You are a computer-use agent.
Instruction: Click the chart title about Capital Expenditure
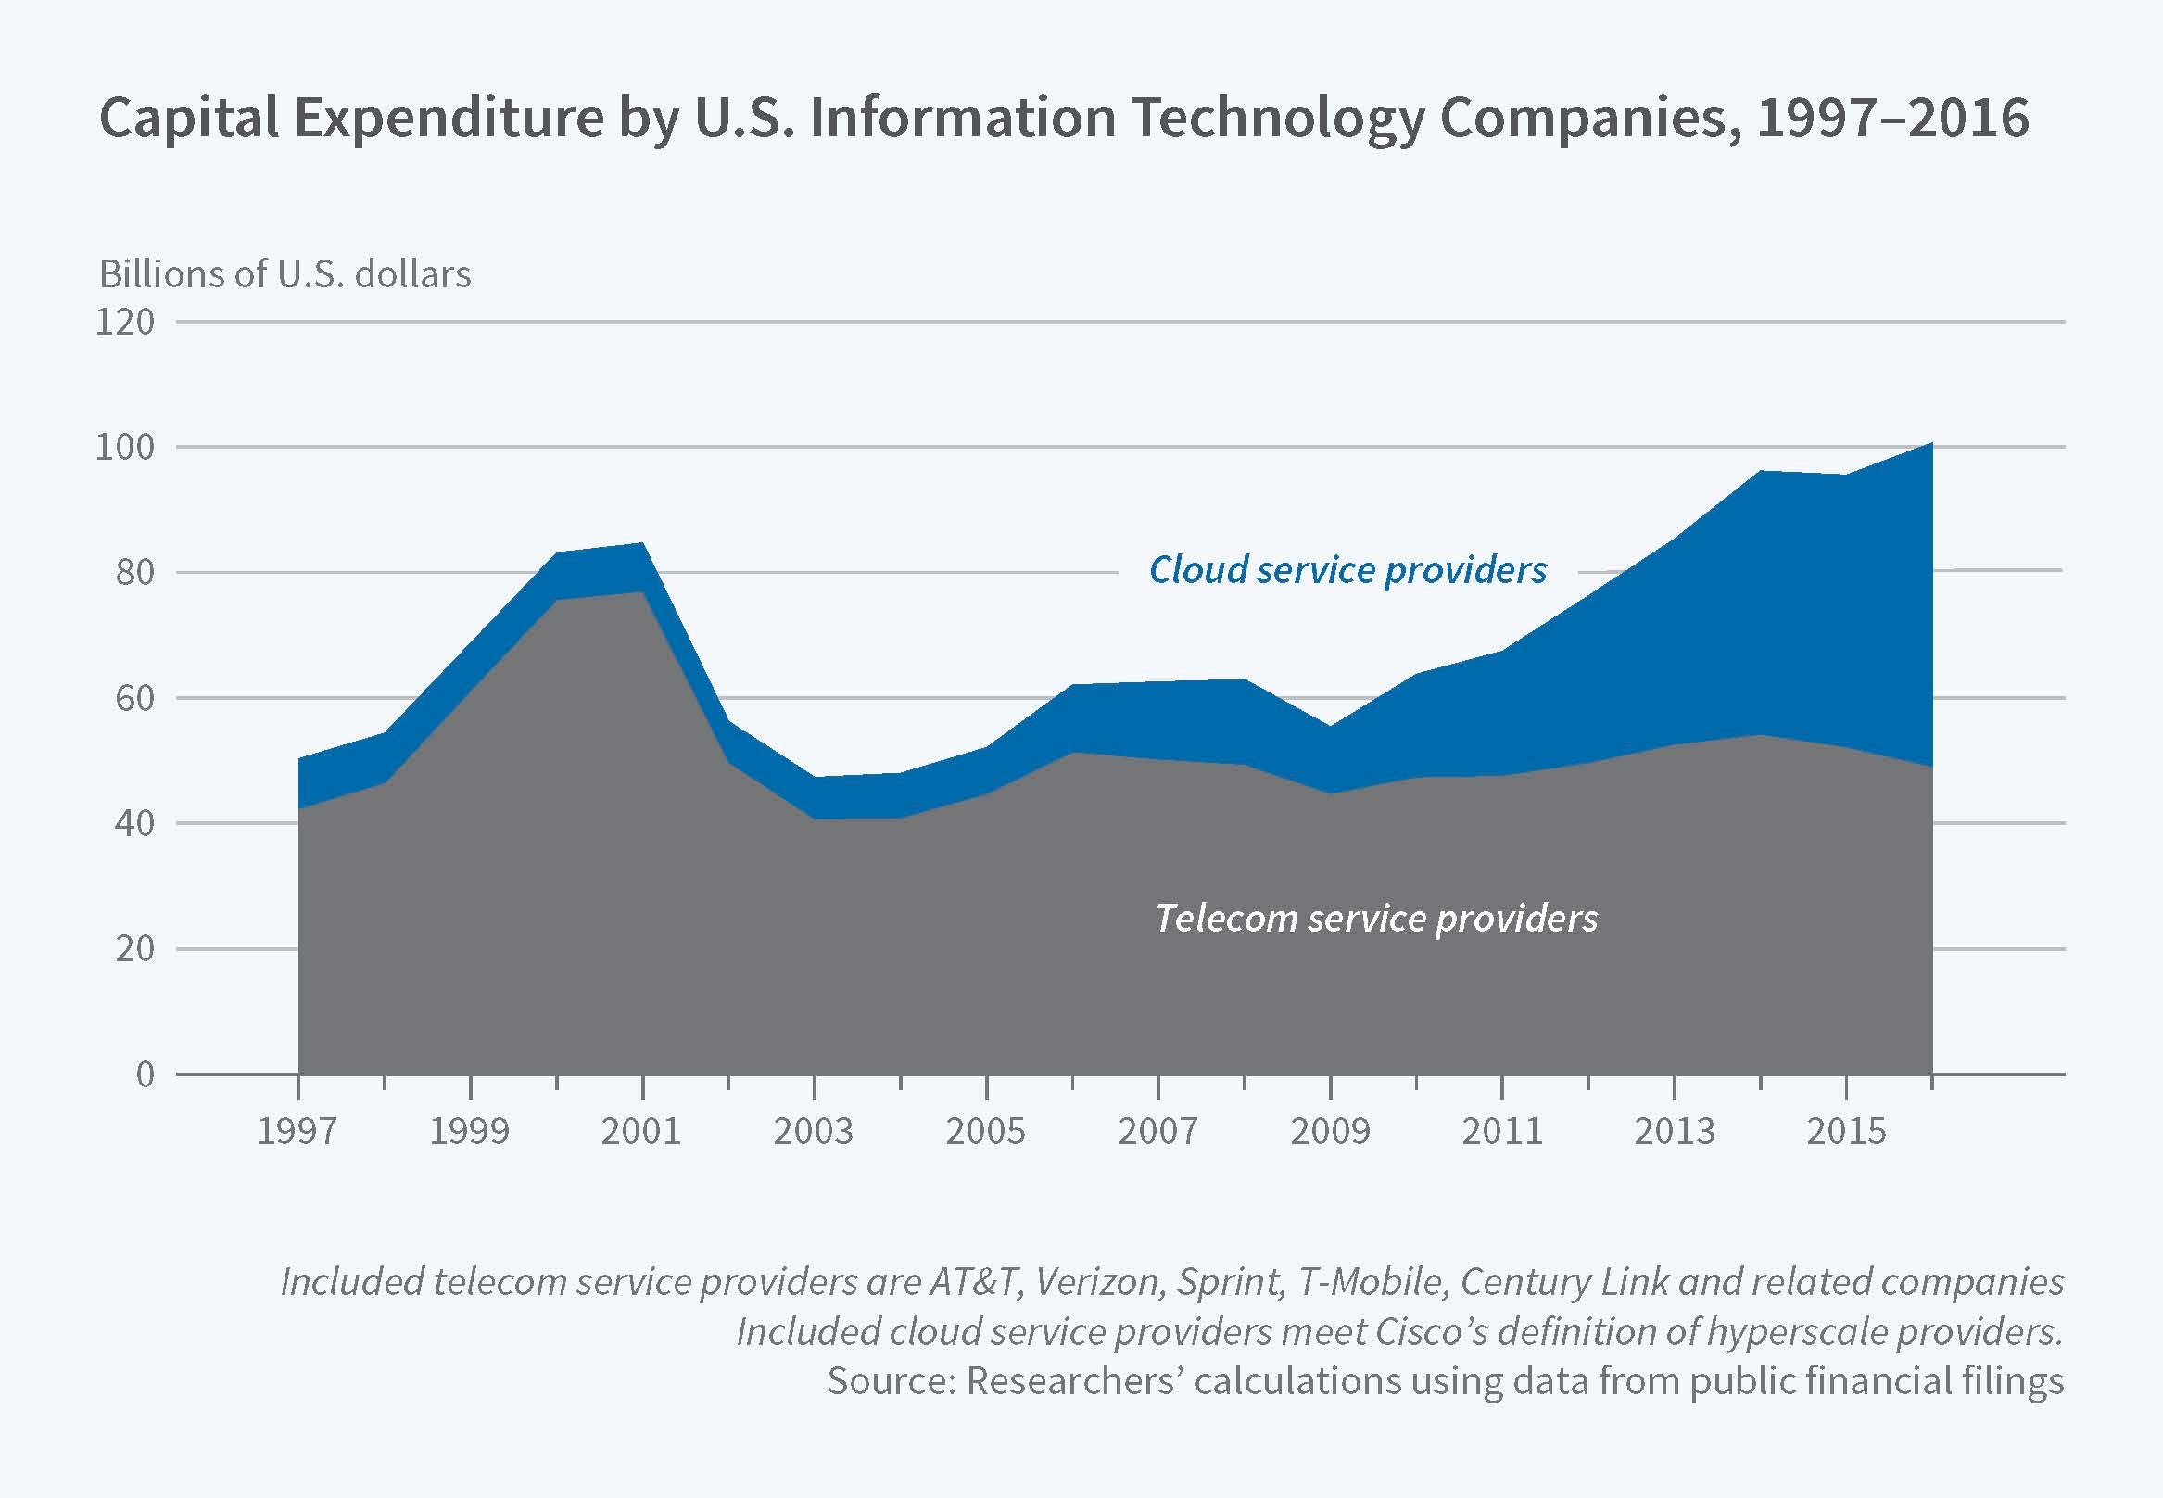pos(1063,120)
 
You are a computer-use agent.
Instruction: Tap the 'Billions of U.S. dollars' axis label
pos(285,274)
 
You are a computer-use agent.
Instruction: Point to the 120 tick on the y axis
pos(125,322)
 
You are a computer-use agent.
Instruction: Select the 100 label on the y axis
pos(125,447)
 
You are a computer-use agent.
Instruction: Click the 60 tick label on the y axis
pos(134,698)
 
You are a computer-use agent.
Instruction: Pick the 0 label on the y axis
pos(145,1073)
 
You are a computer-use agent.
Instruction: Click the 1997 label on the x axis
pos(297,1131)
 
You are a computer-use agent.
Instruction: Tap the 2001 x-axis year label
pos(642,1131)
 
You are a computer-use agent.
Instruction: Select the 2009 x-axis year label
pos(1330,1131)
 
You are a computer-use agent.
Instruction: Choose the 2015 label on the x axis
pos(1846,1131)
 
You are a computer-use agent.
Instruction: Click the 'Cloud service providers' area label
pos(1347,570)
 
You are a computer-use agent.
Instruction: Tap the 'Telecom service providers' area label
pos(1375,918)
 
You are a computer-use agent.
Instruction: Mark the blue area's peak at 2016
pos(1930,444)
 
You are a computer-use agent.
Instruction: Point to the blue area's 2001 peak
pos(642,544)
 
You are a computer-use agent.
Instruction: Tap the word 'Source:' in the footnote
pos(890,1380)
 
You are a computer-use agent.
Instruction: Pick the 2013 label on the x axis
pos(1674,1131)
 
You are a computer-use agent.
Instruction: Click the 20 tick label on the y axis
pos(134,949)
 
